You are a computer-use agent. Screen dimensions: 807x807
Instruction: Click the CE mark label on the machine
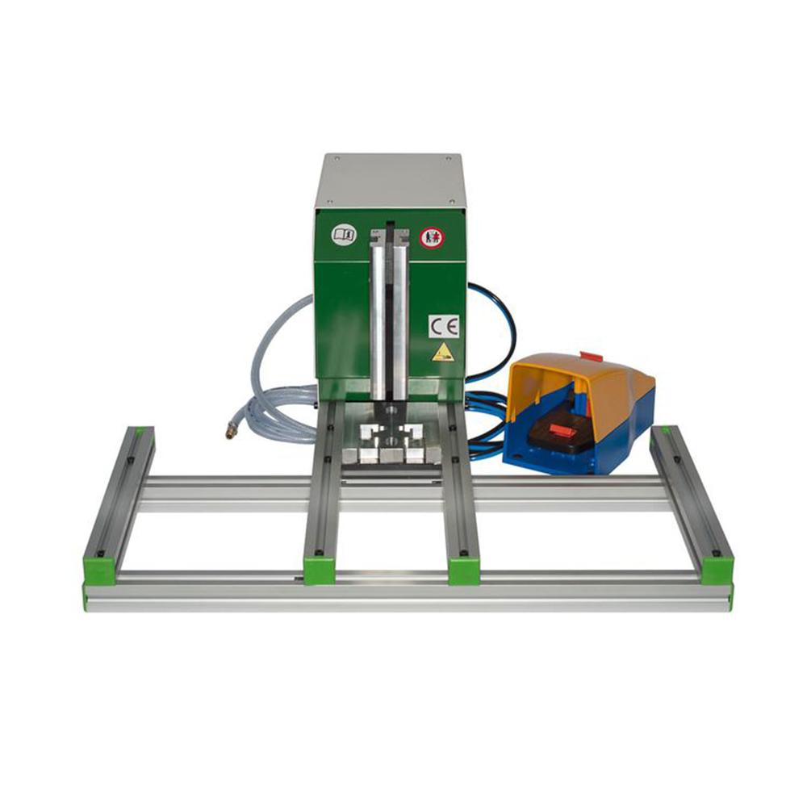coord(444,326)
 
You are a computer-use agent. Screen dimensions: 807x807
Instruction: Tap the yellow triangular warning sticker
coord(443,353)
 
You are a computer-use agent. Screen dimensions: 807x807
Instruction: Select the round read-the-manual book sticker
coord(344,235)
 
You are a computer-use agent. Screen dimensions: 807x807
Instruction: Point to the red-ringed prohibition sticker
coord(432,237)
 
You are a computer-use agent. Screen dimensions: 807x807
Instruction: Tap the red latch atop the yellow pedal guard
coord(592,357)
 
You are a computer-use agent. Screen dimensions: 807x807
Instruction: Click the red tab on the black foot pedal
coord(559,429)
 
